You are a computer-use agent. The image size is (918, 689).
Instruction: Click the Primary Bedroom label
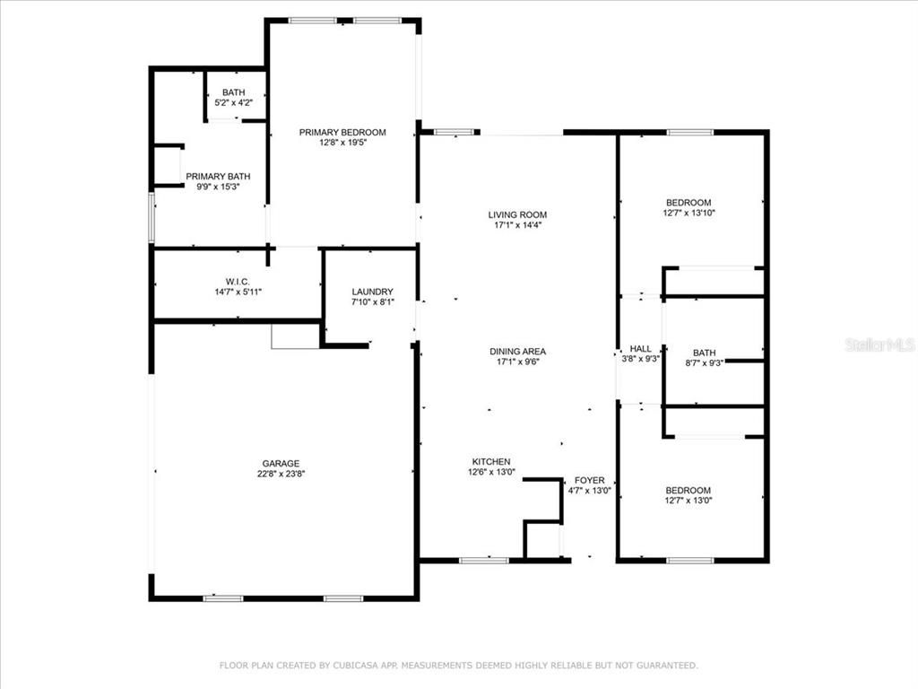coord(342,132)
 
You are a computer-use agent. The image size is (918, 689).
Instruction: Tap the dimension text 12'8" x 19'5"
coord(342,143)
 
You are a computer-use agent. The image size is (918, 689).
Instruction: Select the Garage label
coord(281,464)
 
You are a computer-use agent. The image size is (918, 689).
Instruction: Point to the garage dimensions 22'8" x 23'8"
coord(281,475)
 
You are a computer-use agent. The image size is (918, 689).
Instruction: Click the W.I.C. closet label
coord(225,282)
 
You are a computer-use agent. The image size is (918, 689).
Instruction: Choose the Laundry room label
coord(372,292)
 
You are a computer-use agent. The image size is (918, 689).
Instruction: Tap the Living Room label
coord(517,214)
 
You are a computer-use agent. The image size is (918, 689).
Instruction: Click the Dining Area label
coord(517,352)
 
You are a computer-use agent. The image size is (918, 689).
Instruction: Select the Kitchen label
coord(492,461)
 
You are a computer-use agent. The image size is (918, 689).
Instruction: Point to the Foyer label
coord(590,480)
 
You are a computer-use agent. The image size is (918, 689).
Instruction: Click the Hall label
coord(640,348)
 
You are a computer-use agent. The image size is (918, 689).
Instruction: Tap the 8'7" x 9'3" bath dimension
coord(704,363)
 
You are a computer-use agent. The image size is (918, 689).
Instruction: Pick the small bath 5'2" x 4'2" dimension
coord(233,103)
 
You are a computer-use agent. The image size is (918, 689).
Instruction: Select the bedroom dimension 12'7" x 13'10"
coord(688,214)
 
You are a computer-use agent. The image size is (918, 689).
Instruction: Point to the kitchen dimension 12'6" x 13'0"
coord(492,472)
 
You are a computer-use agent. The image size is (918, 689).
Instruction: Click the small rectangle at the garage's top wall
coord(295,336)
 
